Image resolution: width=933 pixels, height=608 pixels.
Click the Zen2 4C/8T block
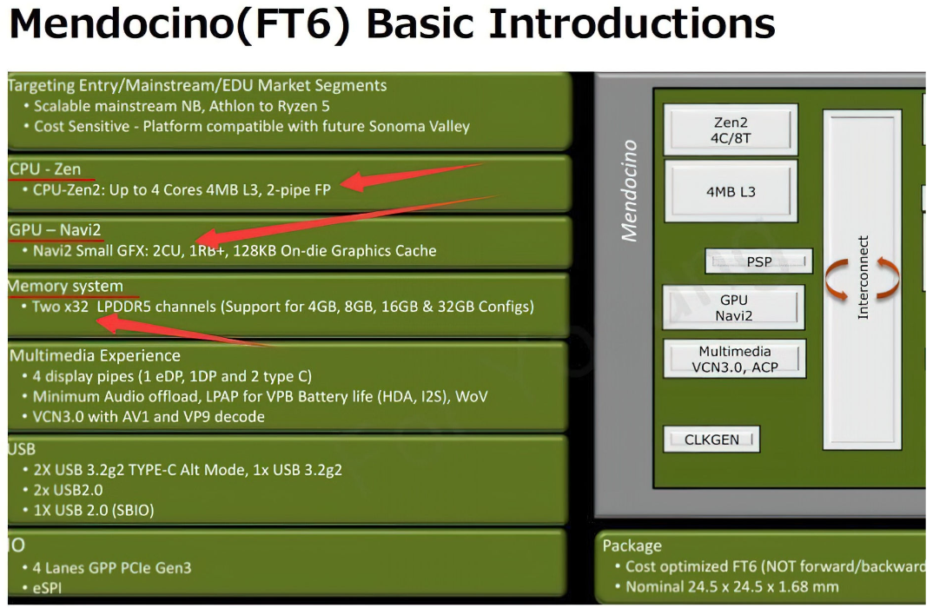[731, 130]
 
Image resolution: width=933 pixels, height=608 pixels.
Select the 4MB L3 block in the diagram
[731, 192]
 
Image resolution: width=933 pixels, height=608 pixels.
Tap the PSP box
[758, 261]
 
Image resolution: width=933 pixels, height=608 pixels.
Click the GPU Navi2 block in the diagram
[734, 307]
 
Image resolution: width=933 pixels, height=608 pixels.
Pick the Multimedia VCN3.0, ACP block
[735, 359]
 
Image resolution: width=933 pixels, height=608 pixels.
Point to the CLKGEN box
[711, 439]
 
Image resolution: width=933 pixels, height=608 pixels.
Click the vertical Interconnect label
[863, 277]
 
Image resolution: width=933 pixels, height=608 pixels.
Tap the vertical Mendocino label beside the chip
[629, 190]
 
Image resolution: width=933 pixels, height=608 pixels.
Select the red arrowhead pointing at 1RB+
[205, 238]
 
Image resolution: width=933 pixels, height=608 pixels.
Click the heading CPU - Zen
[45, 169]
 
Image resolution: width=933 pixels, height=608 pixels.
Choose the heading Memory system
[65, 286]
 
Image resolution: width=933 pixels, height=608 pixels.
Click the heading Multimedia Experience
[96, 356]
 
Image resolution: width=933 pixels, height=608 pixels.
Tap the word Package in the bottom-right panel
[632, 545]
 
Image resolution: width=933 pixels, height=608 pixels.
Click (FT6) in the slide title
[294, 23]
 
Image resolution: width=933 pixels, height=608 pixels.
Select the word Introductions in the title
[632, 23]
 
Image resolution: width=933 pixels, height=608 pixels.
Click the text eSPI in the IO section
[47, 588]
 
